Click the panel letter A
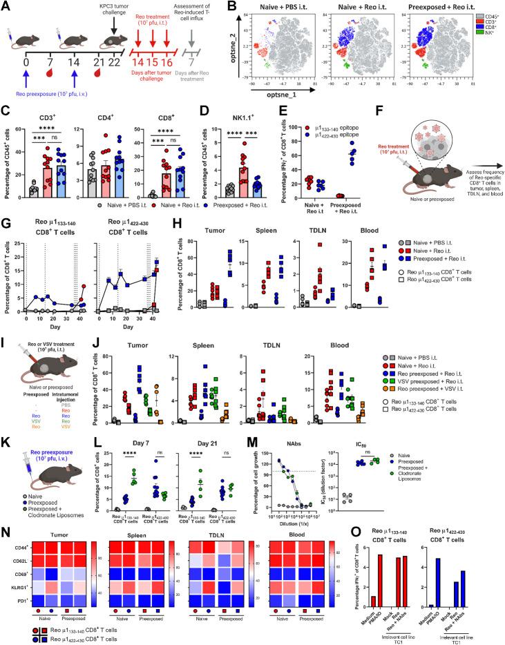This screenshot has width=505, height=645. (x=6, y=6)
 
